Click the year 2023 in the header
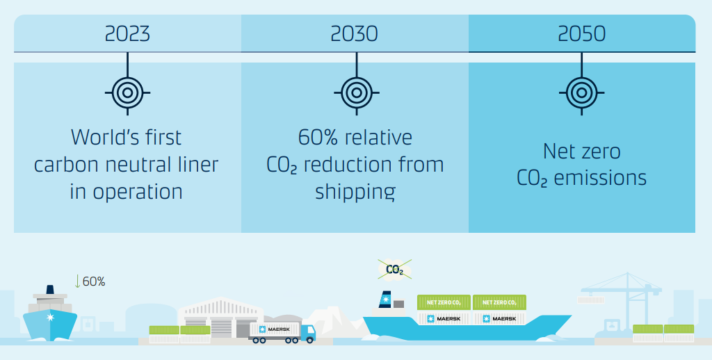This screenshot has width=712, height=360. point(127,33)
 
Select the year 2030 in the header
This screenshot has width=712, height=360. point(355,33)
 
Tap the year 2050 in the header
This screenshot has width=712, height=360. point(581,33)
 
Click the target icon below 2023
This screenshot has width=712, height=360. point(127,91)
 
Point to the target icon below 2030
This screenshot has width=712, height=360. point(355,91)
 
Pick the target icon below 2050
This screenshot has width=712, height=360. point(581,91)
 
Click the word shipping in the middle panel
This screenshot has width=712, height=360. point(355,191)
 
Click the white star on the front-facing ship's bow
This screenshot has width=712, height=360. point(49,316)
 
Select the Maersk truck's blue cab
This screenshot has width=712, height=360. point(307,332)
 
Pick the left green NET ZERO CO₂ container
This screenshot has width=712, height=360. point(443,302)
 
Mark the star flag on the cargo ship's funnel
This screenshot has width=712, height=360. point(384,300)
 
